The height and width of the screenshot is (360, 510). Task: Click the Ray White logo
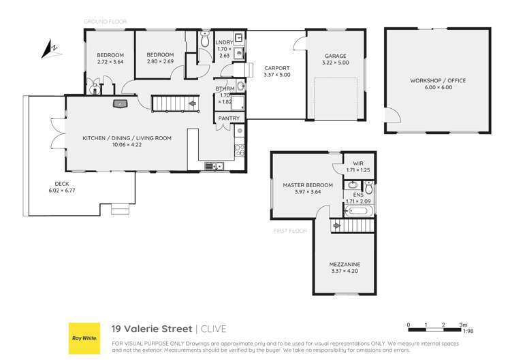(83, 336)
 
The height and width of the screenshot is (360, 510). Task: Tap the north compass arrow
(48, 49)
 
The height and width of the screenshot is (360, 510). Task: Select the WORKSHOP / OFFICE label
(438, 80)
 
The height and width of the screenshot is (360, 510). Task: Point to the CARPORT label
(277, 68)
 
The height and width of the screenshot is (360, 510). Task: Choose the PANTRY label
(227, 119)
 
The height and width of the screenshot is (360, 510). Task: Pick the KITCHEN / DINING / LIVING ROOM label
(127, 137)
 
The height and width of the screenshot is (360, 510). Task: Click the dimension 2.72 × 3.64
(109, 62)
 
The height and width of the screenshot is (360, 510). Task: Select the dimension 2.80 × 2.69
(160, 62)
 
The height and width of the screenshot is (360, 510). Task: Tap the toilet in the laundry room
(206, 40)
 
